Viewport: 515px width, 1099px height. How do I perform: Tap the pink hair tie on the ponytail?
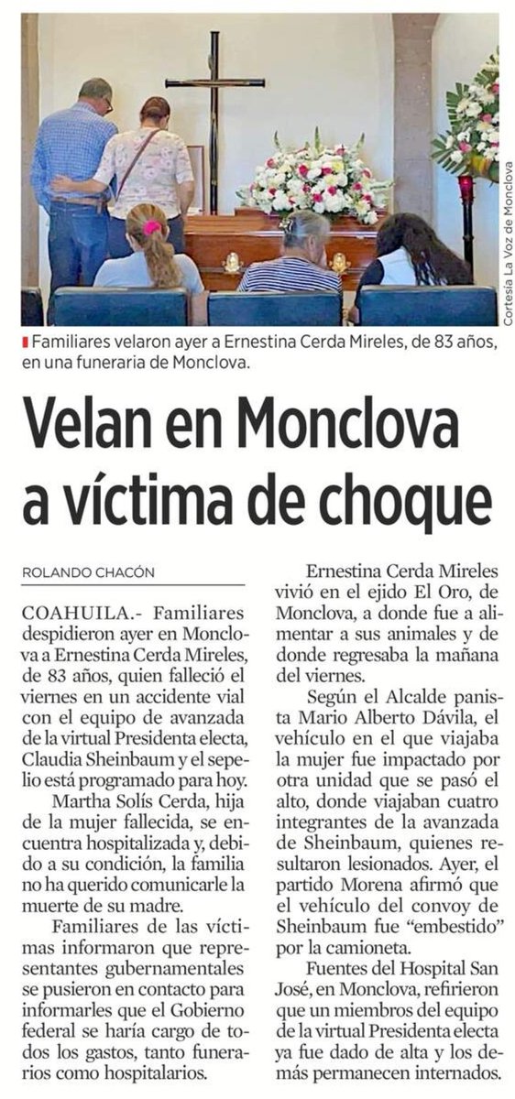[x=151, y=228]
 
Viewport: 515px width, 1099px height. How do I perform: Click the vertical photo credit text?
[x=507, y=243]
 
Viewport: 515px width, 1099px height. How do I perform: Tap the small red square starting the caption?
[x=25, y=343]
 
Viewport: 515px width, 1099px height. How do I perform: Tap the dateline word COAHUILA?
[x=79, y=612]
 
